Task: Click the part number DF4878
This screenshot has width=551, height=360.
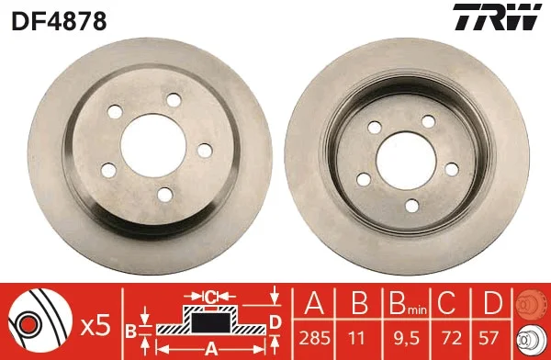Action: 60,19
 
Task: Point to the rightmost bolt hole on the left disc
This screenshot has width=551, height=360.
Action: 204,150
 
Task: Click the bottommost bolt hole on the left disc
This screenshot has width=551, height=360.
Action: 164,193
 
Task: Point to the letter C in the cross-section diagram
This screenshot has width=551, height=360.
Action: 210,297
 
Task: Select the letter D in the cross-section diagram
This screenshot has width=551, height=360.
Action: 275,320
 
